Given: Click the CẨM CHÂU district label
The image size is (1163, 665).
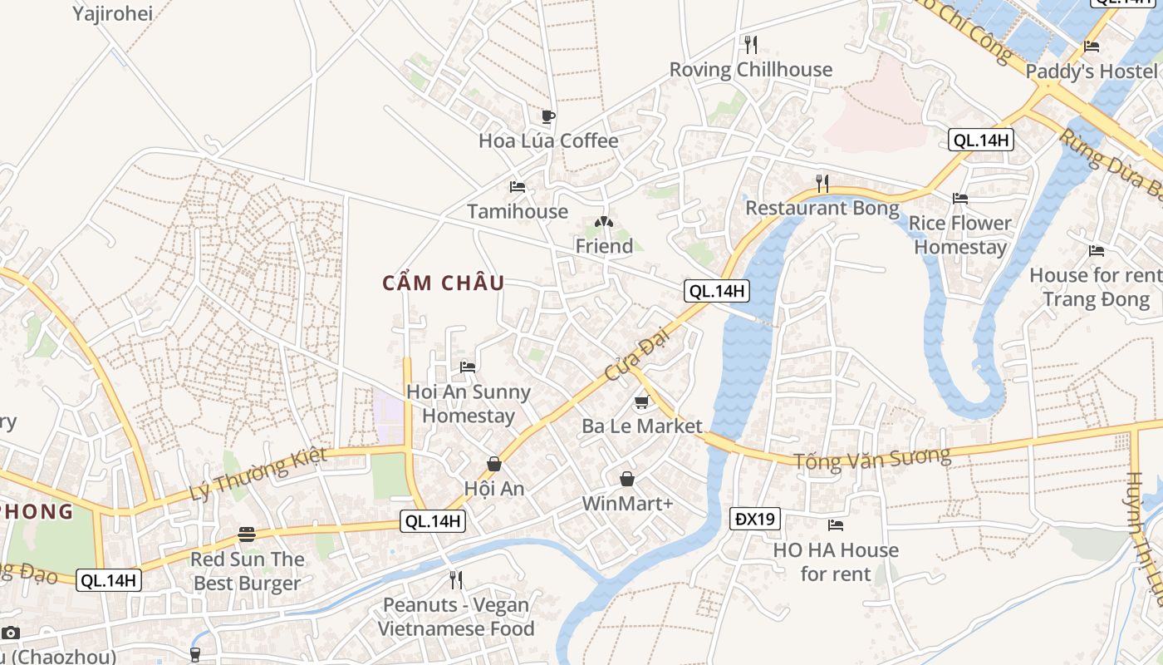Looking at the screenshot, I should point(443,283).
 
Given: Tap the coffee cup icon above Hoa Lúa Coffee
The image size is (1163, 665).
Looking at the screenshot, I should point(547,116).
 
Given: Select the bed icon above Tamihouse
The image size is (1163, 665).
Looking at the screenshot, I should point(518,187).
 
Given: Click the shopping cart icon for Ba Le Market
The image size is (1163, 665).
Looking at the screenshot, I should point(640,402).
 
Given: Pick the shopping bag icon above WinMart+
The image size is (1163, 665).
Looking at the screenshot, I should point(627,479).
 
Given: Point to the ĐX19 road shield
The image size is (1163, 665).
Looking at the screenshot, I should point(755,519).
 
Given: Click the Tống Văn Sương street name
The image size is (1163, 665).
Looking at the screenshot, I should point(871,458).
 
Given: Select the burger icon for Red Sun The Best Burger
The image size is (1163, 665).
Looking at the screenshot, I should point(246,534).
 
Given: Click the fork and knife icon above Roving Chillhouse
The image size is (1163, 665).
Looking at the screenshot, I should point(750,44).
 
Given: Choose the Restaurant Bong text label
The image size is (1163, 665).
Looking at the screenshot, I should point(822,208).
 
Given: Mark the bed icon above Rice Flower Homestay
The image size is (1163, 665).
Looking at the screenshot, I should point(960,199).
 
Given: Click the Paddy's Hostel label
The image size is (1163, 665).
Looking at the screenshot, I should point(1091,71).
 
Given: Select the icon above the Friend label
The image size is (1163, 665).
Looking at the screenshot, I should point(604,222).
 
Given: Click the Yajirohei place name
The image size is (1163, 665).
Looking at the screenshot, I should point(112,13).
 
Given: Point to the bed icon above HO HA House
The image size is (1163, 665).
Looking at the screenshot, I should point(836,525).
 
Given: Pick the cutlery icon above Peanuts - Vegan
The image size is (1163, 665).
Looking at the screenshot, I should point(455,579).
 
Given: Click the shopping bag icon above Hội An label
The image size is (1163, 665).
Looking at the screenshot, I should point(494,464).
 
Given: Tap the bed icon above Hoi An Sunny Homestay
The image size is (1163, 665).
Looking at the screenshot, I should point(468,367).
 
